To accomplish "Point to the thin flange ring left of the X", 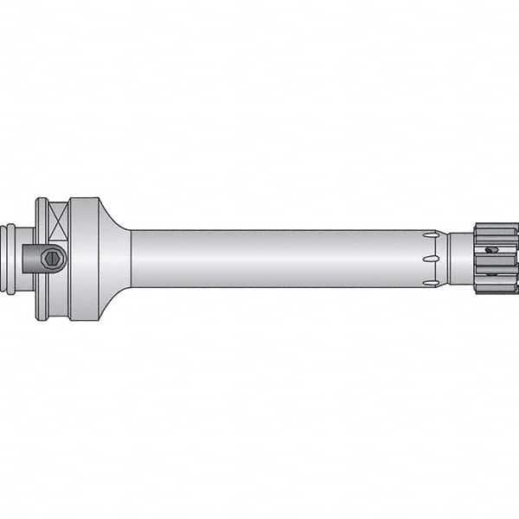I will pyautogui.click(x=42, y=259).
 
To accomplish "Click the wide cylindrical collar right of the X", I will pyautogui.click(x=84, y=259).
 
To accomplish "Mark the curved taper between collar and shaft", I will pyautogui.click(x=115, y=259).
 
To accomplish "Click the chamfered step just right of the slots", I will pyautogui.click(x=443, y=259).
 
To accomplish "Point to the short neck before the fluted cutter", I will pyautogui.click(x=460, y=259).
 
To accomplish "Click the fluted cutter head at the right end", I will pyautogui.click(x=497, y=259).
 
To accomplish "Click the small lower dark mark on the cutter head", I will pyautogui.click(x=490, y=274).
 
